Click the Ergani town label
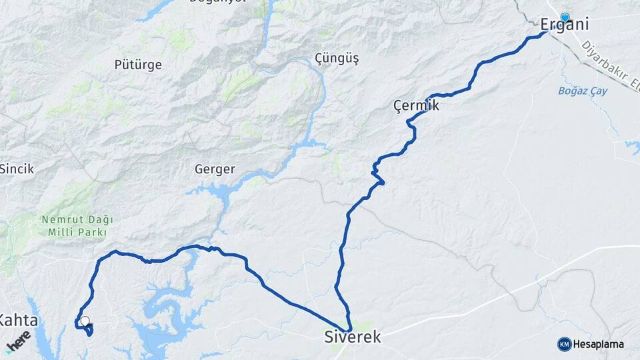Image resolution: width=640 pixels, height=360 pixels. pyautogui.click(x=564, y=25)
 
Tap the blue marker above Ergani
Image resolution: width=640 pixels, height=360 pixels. pyautogui.click(x=565, y=17)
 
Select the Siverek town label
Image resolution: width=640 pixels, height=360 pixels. pyautogui.click(x=353, y=337)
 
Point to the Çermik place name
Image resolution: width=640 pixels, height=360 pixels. pyautogui.click(x=416, y=105)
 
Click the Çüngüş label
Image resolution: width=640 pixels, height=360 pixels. pyautogui.click(x=337, y=59)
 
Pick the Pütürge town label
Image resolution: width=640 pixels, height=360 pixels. pyautogui.click(x=138, y=65)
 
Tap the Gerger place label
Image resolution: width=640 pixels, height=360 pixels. pyautogui.click(x=215, y=169)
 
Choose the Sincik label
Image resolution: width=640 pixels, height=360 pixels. pyautogui.click(x=17, y=169)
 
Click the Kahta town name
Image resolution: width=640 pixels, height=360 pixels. pyautogui.click(x=18, y=321)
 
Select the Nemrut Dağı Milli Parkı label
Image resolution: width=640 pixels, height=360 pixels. pyautogui.click(x=77, y=225)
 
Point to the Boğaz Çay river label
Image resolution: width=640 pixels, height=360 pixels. pyautogui.click(x=583, y=91)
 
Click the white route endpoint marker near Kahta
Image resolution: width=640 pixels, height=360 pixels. pyautogui.click(x=84, y=321)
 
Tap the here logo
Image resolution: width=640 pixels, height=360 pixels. pyautogui.click(x=19, y=340)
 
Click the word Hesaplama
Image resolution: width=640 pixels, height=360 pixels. pyautogui.click(x=599, y=344)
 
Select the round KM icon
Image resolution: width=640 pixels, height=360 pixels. pyautogui.click(x=565, y=344)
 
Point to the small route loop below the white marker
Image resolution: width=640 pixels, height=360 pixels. pyautogui.click(x=88, y=330)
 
